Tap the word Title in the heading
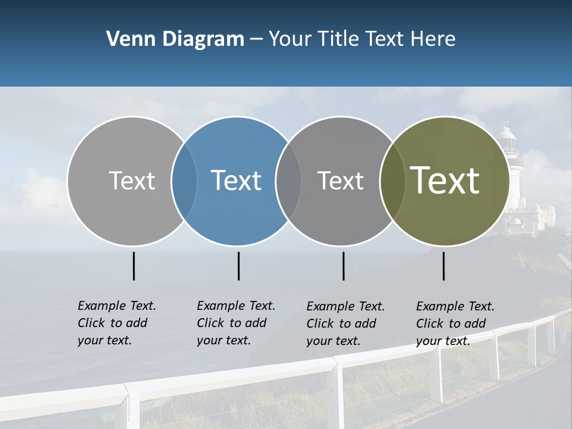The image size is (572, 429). [x=338, y=39]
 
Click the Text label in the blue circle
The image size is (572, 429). [x=236, y=181]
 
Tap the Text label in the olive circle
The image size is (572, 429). [x=444, y=181]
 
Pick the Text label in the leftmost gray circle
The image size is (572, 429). [x=132, y=181]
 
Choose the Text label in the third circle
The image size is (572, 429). [x=340, y=181]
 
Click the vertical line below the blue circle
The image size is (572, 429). [x=238, y=266]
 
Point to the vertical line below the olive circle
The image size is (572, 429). [x=444, y=266]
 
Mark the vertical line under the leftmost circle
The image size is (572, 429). [x=134, y=266]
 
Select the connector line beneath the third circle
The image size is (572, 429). [x=344, y=266]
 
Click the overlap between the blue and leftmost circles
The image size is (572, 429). [x=184, y=181]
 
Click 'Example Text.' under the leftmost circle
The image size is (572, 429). [x=117, y=306]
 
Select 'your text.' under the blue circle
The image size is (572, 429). [x=223, y=340]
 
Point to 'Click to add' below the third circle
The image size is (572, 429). [x=341, y=324]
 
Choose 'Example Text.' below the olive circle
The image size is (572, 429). [x=455, y=306]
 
